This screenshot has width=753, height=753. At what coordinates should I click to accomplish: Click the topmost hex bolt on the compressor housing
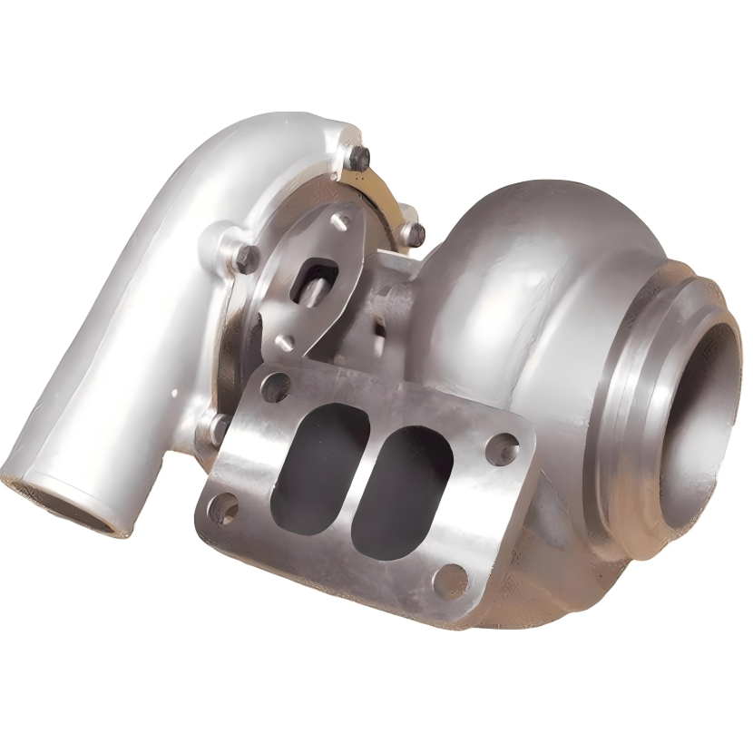tap(359, 159)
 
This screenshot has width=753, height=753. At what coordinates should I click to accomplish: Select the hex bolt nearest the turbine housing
tap(414, 233)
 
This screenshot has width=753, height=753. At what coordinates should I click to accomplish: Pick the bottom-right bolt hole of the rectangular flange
tap(450, 581)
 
